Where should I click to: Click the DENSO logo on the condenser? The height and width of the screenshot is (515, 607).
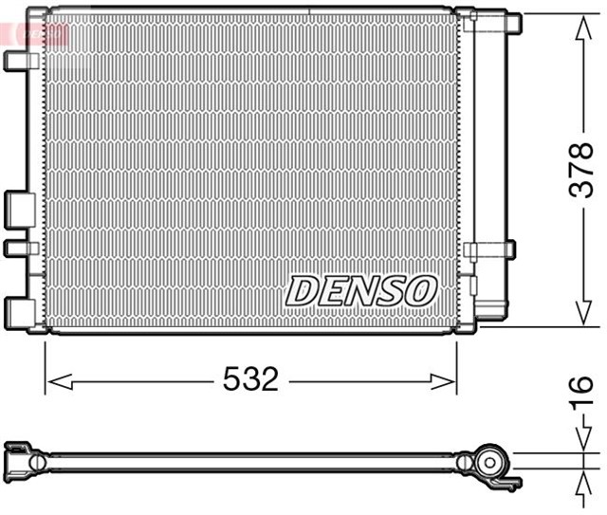point(360,291)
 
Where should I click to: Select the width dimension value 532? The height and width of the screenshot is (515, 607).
point(250,380)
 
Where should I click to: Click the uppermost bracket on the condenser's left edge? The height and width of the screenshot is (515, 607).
point(18,60)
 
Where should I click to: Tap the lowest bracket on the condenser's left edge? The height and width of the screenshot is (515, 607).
point(19,310)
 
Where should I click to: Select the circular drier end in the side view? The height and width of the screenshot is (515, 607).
point(491,463)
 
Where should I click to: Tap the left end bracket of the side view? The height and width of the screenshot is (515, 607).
point(21,459)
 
